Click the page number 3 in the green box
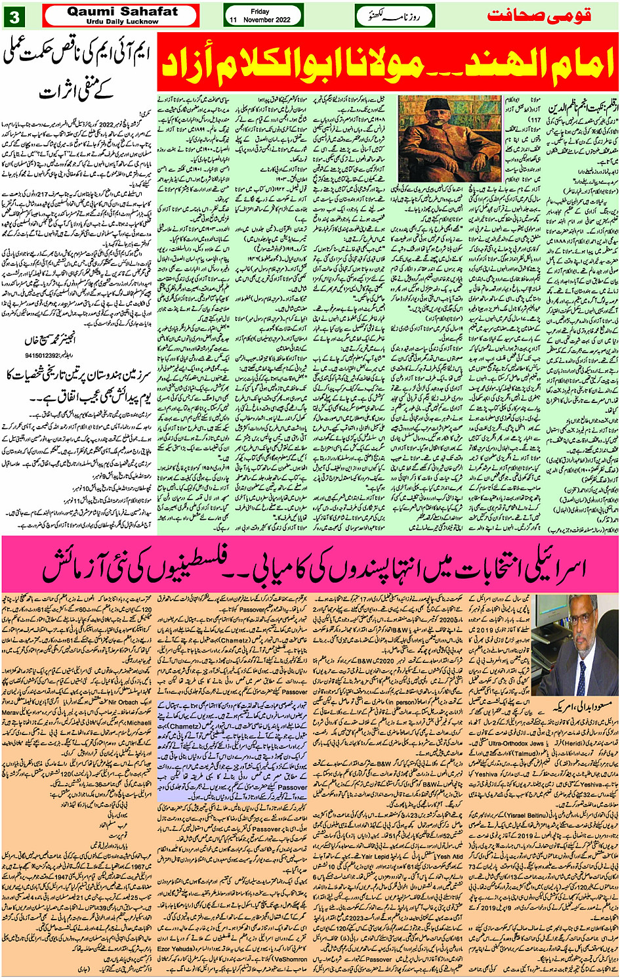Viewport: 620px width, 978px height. point(13,16)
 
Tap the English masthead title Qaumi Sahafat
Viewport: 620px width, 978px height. point(122,11)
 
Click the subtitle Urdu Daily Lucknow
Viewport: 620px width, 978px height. point(122,22)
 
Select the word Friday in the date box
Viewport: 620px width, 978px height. point(260,11)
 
